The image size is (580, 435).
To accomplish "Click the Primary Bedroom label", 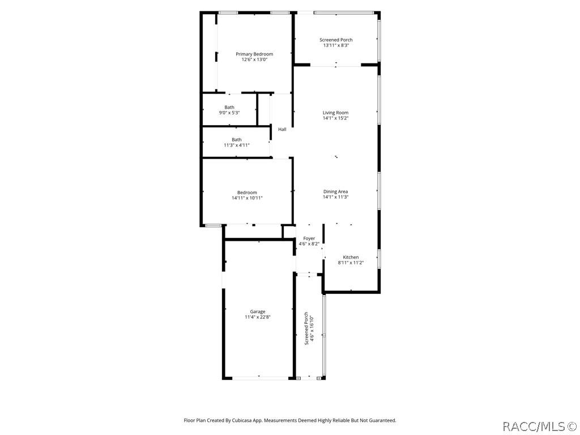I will tap(254, 54).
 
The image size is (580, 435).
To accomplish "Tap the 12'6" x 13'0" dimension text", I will tap(254, 59).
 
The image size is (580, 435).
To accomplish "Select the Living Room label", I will tap(335, 113).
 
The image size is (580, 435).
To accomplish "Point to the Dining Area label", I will tap(335, 191).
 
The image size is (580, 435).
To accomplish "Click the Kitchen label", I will tap(351, 257).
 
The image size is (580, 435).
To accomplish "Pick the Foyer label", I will tap(309, 238).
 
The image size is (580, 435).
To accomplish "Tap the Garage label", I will tap(258, 312).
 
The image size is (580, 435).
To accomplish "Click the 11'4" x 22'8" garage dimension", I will tap(258, 317).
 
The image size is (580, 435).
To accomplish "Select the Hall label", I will tap(282, 130).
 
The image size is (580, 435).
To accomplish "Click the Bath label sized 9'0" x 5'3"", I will tap(229, 107).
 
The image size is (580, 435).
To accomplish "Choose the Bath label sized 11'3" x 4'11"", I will tap(236, 140).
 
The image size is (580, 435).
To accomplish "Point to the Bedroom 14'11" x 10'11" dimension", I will tap(247, 198).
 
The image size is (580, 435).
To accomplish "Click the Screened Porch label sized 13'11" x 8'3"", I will tap(336, 40).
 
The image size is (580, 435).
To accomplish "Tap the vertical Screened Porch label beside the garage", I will tap(306, 329).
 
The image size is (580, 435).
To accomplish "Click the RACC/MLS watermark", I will tap(539, 425).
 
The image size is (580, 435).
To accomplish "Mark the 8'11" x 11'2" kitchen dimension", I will tap(351, 263).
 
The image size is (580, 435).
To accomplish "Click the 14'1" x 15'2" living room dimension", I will tap(335, 118).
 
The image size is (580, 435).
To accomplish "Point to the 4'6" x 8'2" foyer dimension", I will tap(309, 244).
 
